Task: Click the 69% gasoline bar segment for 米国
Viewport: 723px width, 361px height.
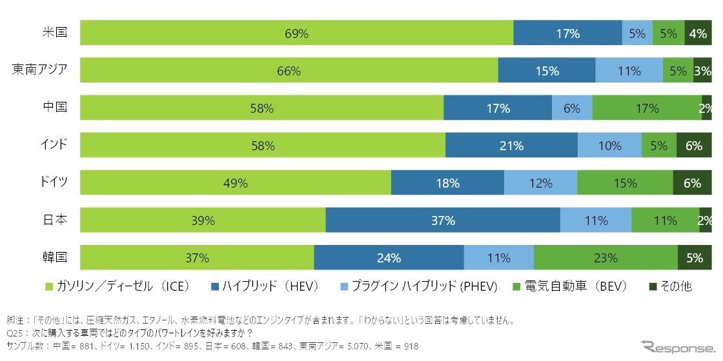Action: pos(296,33)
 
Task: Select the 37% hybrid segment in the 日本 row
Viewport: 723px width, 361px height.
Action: pos(443,220)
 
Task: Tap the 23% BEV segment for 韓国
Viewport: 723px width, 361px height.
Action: pos(606,258)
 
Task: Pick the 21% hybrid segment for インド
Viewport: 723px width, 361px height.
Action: pos(511,146)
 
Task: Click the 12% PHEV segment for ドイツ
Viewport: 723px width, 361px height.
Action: pos(540,183)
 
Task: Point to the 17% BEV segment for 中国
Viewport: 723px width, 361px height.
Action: pos(646,108)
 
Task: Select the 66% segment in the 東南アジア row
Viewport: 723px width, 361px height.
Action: pos(289,71)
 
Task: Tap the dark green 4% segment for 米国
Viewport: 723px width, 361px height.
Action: pos(698,33)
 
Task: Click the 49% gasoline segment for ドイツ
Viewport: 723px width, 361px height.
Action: pos(236,183)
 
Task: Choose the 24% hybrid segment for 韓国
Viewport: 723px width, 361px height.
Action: pos(389,258)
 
